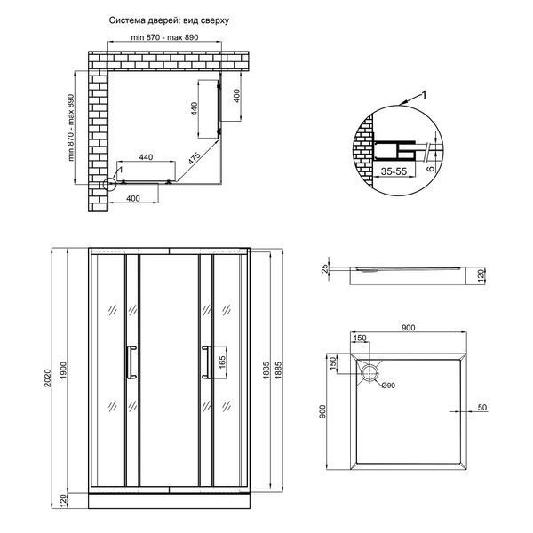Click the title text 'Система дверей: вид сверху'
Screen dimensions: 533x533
(169, 20)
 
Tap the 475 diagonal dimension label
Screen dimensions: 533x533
(194, 159)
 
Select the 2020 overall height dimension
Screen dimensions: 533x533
(48, 378)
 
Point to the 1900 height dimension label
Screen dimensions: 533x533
(64, 370)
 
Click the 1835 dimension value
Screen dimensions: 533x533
(266, 370)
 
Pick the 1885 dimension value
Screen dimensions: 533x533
(278, 370)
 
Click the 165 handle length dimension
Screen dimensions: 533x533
(222, 362)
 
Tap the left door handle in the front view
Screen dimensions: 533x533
(131, 362)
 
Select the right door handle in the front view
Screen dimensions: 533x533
(206, 362)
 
